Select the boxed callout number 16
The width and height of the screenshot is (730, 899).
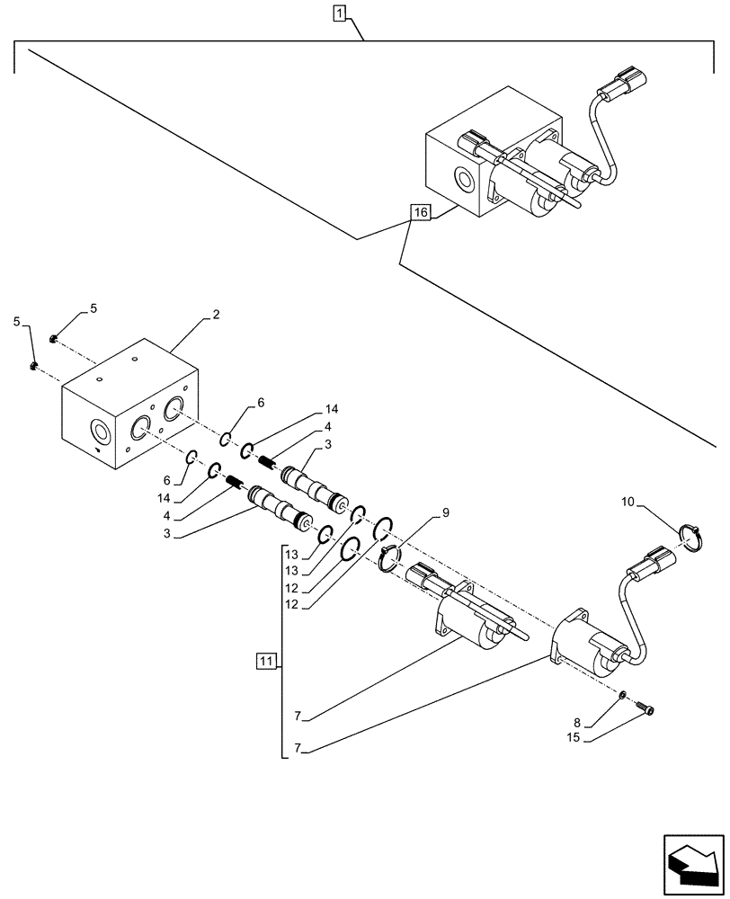(420, 213)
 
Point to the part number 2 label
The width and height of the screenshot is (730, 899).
(215, 316)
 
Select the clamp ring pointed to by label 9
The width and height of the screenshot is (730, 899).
(388, 558)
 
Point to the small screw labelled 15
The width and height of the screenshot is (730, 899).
(647, 710)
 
